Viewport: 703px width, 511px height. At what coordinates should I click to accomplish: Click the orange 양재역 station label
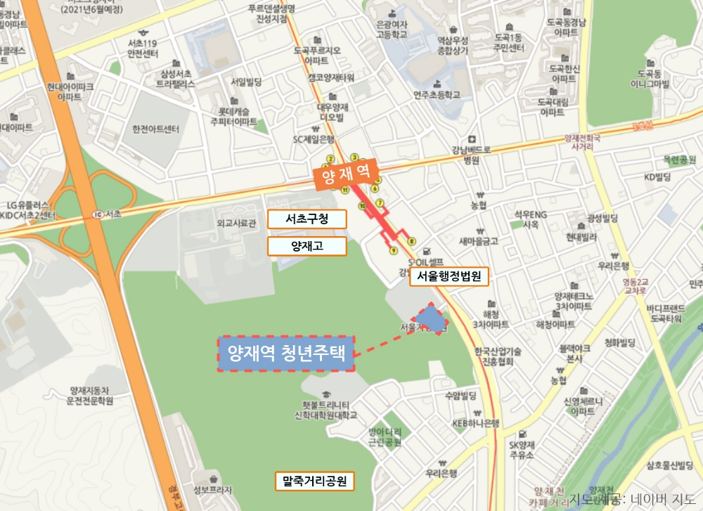click(x=346, y=175)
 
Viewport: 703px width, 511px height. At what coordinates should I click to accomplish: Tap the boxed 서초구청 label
click(x=307, y=219)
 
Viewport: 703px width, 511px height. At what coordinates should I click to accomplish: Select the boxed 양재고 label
click(x=307, y=246)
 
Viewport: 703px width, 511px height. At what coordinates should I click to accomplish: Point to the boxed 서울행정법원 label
click(x=449, y=277)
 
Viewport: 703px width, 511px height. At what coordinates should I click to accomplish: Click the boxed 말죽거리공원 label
click(x=315, y=481)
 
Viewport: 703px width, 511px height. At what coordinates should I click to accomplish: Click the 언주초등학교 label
click(x=437, y=93)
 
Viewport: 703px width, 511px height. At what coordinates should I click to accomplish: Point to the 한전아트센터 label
click(x=155, y=129)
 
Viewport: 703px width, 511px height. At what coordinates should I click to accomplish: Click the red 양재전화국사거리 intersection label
click(x=581, y=143)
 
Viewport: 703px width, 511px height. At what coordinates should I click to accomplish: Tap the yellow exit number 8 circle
click(x=411, y=240)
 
